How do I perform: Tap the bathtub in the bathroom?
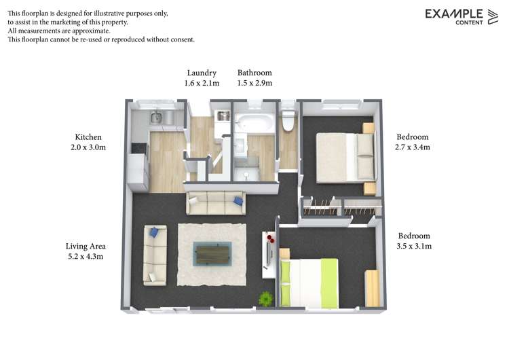tap(254, 124)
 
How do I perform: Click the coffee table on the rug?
tap(212, 253)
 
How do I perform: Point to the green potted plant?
tap(266, 298)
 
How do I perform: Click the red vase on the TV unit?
tap(271, 239)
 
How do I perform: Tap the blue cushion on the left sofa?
tap(155, 232)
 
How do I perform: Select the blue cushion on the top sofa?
tap(238, 200)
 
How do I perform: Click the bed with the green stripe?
tap(309, 282)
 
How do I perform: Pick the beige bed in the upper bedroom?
tap(343, 157)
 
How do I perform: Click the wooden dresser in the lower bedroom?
tap(372, 288)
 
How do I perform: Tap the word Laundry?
tap(202, 73)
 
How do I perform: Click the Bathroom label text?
tap(254, 73)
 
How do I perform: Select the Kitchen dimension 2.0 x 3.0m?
tap(88, 147)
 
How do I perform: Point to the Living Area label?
tap(86, 246)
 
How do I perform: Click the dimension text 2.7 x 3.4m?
tap(413, 147)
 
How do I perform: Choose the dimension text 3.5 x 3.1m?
tap(414, 246)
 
